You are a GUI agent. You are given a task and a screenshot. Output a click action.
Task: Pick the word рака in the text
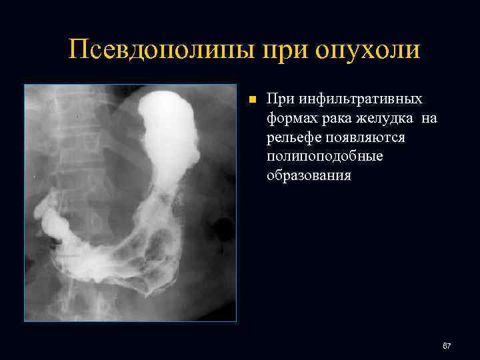(x=337, y=119)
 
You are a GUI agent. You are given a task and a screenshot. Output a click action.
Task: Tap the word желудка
(x=387, y=119)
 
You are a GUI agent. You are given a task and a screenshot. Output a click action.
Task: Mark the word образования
(x=308, y=177)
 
